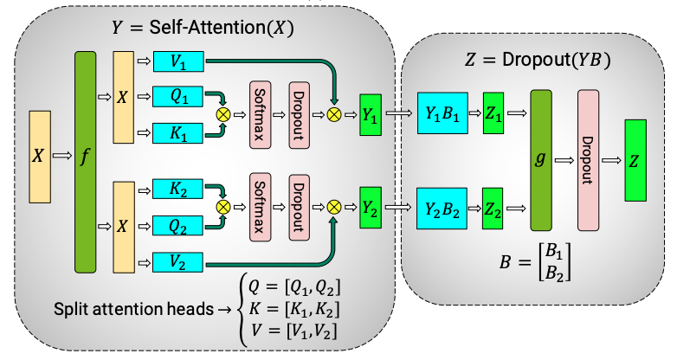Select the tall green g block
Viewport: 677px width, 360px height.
click(x=542, y=159)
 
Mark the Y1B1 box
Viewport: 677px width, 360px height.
click(x=442, y=112)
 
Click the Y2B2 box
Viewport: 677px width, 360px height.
click(x=442, y=207)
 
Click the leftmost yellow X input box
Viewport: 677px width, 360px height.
click(x=39, y=156)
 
